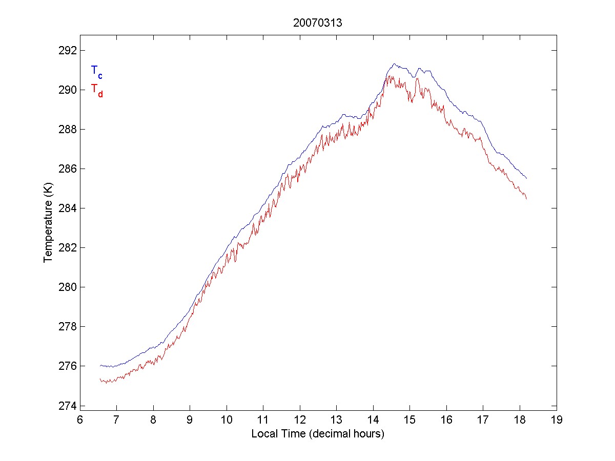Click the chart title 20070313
pos(318,23)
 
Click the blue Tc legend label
pos(96,72)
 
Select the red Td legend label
pos(96,90)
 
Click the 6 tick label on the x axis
pos(80,420)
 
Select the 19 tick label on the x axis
pos(557,420)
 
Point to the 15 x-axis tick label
pos(410,420)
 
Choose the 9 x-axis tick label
pos(190,420)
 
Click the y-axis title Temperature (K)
pos(48,228)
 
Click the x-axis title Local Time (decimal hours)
pos(318,434)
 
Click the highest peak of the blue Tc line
pos(394,64)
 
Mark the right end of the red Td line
pos(526,198)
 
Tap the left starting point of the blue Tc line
pos(100,365)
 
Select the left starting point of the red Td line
pos(100,379)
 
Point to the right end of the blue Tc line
pos(526,178)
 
